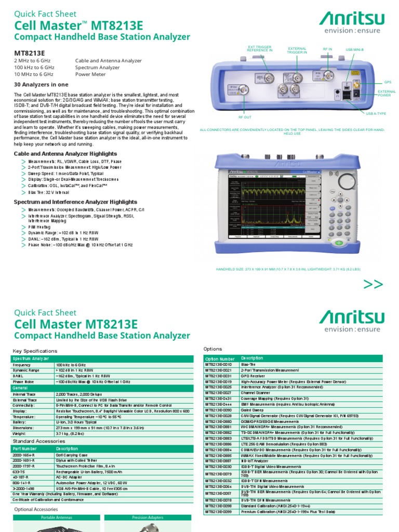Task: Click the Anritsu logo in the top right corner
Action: pos(351,24)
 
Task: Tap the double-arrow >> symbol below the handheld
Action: pos(373,284)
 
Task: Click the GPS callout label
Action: pos(387,82)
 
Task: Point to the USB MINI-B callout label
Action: pos(356,49)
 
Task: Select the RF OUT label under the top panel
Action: pos(244,117)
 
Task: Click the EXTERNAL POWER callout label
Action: pos(384,94)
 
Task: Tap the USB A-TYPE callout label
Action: pos(376,113)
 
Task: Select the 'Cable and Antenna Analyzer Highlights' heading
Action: pos(65,154)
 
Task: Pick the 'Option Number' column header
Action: pos(220,358)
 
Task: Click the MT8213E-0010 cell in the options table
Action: pos(221,364)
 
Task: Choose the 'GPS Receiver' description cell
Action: pos(253,376)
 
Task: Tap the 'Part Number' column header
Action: pos(25,448)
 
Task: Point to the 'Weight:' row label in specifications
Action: pos(21,433)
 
